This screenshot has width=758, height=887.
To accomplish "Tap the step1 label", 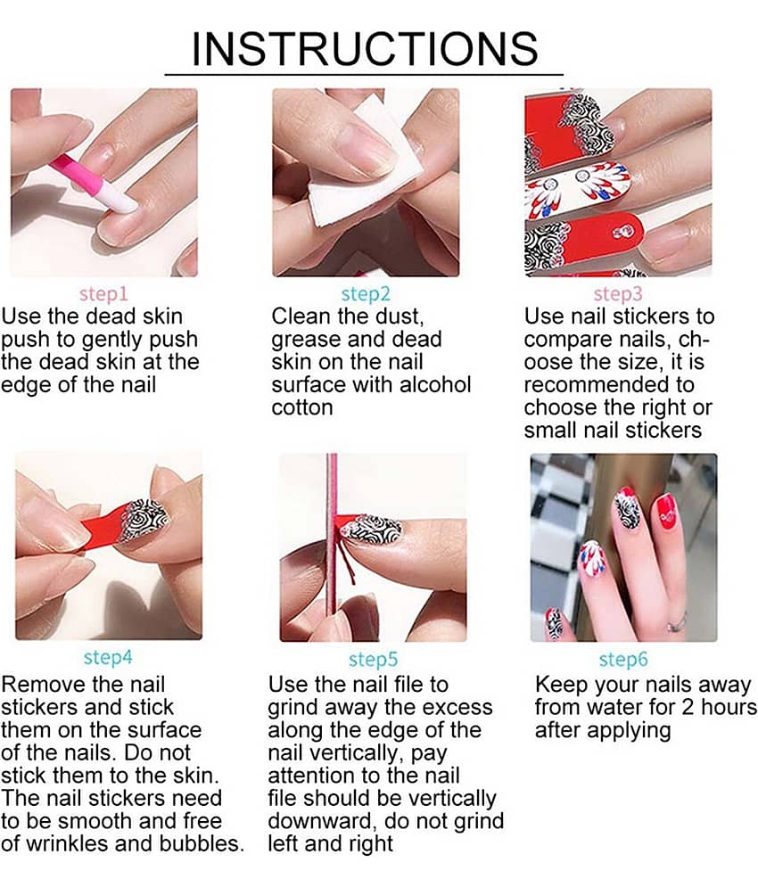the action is (x=103, y=293).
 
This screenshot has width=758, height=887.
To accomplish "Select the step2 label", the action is (x=366, y=293).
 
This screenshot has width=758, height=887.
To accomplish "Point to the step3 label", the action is (x=618, y=293).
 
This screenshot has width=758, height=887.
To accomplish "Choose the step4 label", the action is (x=108, y=657).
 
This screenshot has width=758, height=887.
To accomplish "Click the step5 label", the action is (x=373, y=659).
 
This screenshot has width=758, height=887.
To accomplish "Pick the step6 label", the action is (x=623, y=659).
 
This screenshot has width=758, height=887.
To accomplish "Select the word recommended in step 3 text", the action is (x=608, y=385).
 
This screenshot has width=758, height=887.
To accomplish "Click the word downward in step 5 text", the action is (x=317, y=821).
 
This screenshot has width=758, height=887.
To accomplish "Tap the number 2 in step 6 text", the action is (x=688, y=707).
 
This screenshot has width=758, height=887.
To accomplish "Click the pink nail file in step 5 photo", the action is (x=333, y=535).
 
